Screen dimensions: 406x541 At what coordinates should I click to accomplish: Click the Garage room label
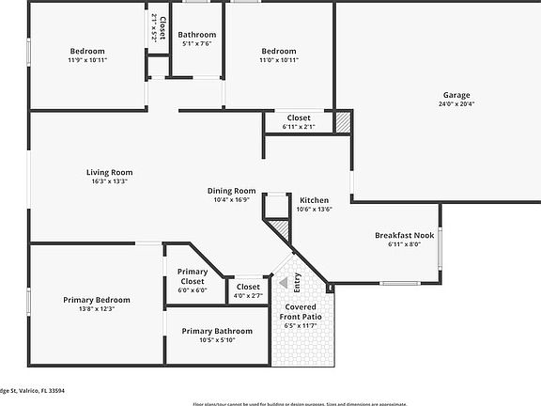tap(456, 95)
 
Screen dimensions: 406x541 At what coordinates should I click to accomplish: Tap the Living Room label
tap(109, 172)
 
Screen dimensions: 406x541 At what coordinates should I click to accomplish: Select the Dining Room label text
tap(231, 191)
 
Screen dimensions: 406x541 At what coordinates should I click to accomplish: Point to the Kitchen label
tap(314, 200)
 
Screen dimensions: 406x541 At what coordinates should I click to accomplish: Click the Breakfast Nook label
tap(404, 235)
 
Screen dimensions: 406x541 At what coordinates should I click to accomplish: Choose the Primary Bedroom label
tap(97, 300)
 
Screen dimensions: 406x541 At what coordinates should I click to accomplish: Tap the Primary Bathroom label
tap(217, 331)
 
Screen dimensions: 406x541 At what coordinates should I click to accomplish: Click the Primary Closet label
tap(193, 275)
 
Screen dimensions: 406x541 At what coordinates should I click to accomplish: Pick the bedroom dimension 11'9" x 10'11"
tap(87, 60)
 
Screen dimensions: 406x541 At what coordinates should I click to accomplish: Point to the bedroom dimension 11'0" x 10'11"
tap(278, 60)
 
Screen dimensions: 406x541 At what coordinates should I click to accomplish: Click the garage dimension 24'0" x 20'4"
tap(456, 104)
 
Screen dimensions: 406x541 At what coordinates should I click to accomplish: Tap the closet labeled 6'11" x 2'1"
tap(299, 126)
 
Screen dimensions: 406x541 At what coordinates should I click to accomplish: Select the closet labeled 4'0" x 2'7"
tap(248, 296)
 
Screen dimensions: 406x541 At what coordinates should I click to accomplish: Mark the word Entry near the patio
tap(298, 281)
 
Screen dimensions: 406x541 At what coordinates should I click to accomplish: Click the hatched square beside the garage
tap(344, 121)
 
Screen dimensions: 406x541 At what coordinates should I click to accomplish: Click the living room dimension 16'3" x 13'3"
tap(109, 181)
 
